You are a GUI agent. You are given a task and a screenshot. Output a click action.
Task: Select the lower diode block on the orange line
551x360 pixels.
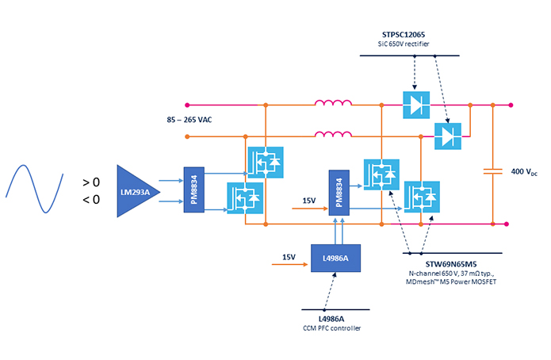449,136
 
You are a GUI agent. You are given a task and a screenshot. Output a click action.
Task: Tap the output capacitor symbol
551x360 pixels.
492,170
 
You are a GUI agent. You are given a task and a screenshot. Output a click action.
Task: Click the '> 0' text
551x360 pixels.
91,182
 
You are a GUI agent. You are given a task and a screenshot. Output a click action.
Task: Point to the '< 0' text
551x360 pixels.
91,200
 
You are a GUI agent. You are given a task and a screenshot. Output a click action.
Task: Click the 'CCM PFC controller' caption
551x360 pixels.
336,328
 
